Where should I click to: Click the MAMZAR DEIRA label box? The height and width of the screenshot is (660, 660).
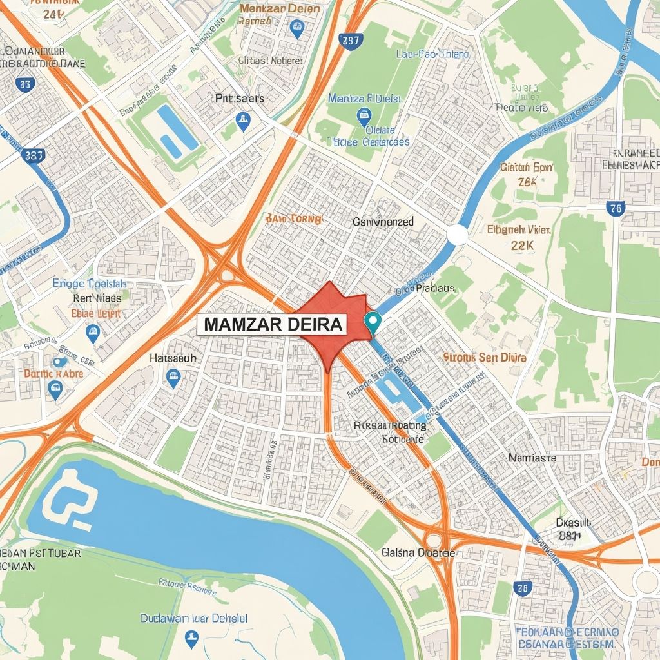pyautogui.click(x=273, y=325)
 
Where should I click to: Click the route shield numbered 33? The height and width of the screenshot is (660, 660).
pyautogui.click(x=25, y=83)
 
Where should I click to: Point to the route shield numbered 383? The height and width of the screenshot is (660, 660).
pyautogui.click(x=33, y=155)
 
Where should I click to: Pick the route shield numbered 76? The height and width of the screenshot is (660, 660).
pyautogui.click(x=616, y=208)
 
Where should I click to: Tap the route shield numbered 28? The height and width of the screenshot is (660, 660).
pyautogui.click(x=522, y=587)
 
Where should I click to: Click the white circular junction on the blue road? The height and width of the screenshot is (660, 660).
pyautogui.click(x=457, y=235)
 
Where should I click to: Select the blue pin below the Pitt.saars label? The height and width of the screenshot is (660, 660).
pyautogui.click(x=243, y=121)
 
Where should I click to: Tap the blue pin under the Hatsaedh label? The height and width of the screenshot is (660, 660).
pyautogui.click(x=172, y=378)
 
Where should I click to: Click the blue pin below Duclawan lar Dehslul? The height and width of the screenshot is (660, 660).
pyautogui.click(x=191, y=638)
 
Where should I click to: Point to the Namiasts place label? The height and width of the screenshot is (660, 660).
pyautogui.click(x=532, y=458)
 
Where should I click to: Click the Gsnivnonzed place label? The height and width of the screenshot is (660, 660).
pyautogui.click(x=383, y=222)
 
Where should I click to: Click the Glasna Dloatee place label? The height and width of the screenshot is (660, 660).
pyautogui.click(x=418, y=552)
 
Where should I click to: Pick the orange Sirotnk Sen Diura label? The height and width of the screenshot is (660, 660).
pyautogui.click(x=485, y=357)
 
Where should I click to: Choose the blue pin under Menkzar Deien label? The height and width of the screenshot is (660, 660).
pyautogui.click(x=296, y=27)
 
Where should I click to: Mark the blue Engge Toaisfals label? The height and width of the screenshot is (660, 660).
pyautogui.click(x=90, y=284)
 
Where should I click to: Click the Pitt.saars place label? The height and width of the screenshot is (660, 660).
pyautogui.click(x=239, y=99)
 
